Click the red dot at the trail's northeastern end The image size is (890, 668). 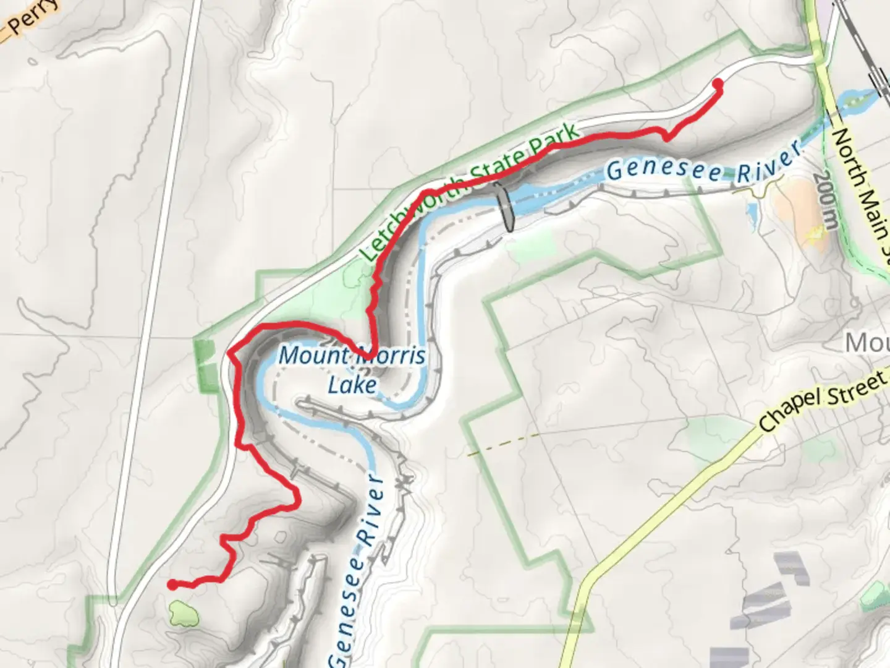click(718, 83)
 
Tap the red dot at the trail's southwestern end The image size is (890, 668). click(172, 584)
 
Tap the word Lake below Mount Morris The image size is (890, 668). click(352, 385)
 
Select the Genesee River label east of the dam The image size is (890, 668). click(703, 166)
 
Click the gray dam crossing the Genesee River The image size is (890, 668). click(505, 208)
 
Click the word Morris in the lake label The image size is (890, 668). click(389, 356)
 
